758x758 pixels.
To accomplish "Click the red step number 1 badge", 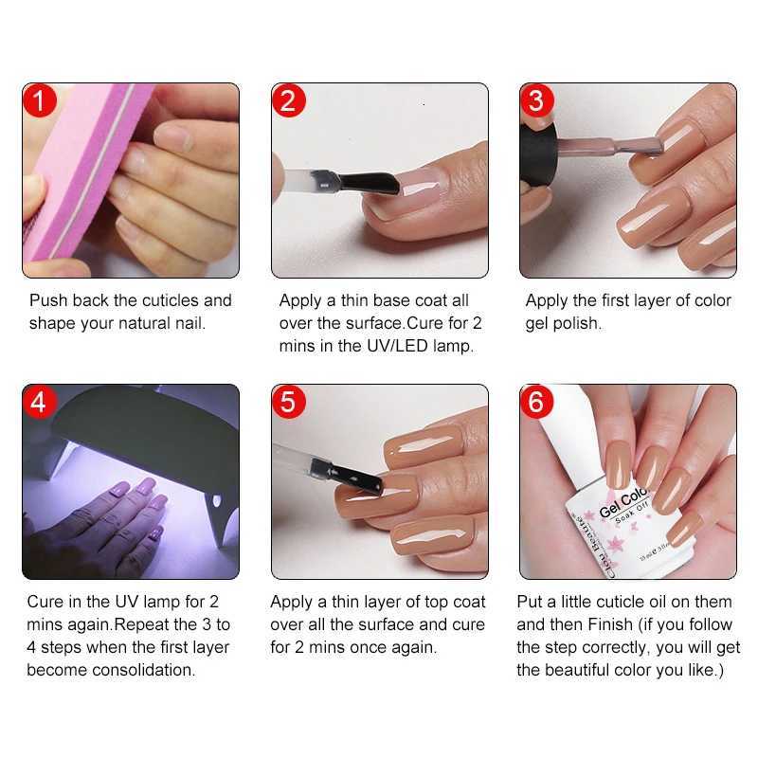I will (40, 100).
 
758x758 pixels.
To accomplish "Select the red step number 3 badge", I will (537, 100).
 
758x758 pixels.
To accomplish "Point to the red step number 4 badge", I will (40, 402).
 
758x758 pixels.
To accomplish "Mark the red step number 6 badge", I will (537, 402).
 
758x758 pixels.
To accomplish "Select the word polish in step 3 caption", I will (577, 323).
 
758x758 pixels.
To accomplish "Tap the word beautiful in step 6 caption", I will (588, 670).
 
